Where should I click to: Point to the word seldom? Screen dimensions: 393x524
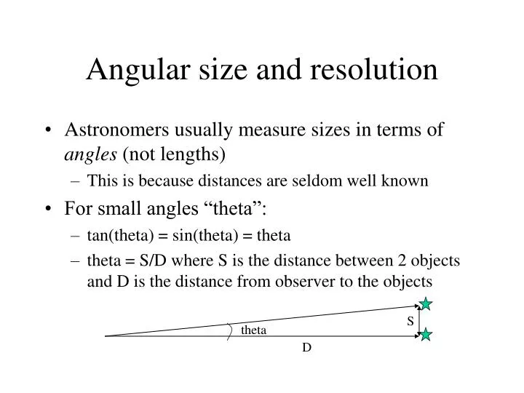[x=295, y=180]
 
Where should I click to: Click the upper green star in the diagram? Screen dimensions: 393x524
[x=426, y=304]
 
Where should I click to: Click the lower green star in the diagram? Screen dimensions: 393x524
[x=426, y=335]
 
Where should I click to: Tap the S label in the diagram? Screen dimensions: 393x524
[x=410, y=321]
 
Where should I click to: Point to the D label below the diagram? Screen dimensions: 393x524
[x=307, y=348]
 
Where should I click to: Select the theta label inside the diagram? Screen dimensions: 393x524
[x=254, y=330]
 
